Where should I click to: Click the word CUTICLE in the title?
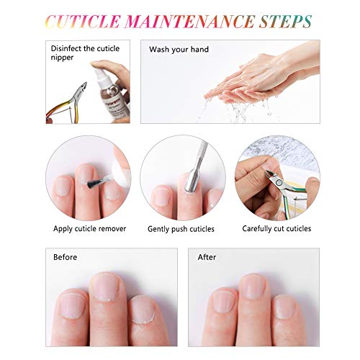[83, 22]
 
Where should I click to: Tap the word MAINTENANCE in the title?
[189, 22]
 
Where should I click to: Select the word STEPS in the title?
[286, 22]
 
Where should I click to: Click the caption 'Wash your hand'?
[179, 50]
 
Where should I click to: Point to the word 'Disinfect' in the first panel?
[66, 48]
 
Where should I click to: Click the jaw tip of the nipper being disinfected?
[84, 84]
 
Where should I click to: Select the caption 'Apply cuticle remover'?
[89, 229]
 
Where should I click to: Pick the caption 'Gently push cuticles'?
[181, 229]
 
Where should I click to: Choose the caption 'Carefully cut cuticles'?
[276, 229]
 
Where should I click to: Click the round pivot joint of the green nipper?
[279, 183]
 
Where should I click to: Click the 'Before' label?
[66, 257]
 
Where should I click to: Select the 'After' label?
[207, 257]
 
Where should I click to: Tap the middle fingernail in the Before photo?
[105, 287]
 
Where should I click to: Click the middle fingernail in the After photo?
[253, 287]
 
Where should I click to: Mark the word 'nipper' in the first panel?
[62, 58]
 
